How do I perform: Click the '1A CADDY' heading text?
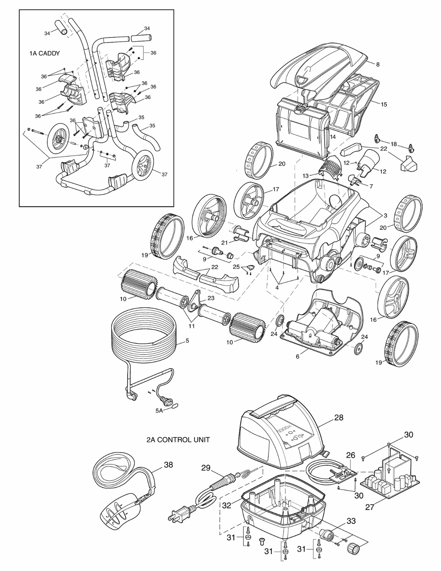click(44, 53)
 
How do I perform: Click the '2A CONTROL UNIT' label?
click(178, 439)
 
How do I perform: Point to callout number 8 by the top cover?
click(378, 64)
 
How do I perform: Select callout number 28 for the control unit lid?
click(339, 417)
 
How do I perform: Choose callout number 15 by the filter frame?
click(384, 104)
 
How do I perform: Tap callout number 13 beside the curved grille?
click(305, 176)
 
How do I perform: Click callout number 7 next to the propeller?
click(371, 186)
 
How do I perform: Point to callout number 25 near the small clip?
click(236, 267)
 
